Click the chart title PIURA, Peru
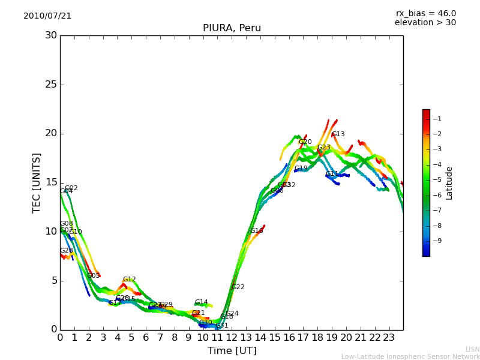[x=232, y=28]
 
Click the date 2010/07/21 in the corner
[x=47, y=16]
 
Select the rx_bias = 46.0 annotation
[x=426, y=13]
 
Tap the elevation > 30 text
[x=425, y=23]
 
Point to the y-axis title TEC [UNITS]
[x=37, y=182]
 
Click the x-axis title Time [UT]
[x=232, y=351]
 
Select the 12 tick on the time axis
[x=232, y=338]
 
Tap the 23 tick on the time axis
[x=389, y=338]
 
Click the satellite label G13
[x=338, y=134]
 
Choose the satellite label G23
[x=324, y=148]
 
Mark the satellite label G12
[x=130, y=280]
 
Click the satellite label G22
[x=238, y=287]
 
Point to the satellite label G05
[x=94, y=276]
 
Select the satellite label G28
[x=66, y=251]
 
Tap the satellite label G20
[x=305, y=142]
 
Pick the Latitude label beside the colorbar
[x=449, y=183]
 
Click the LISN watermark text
[x=473, y=349]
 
